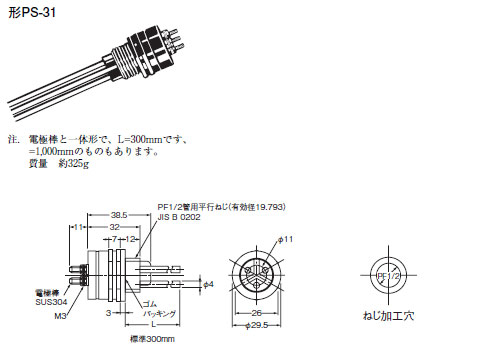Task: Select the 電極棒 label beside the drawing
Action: pyautogui.click(x=46, y=292)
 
